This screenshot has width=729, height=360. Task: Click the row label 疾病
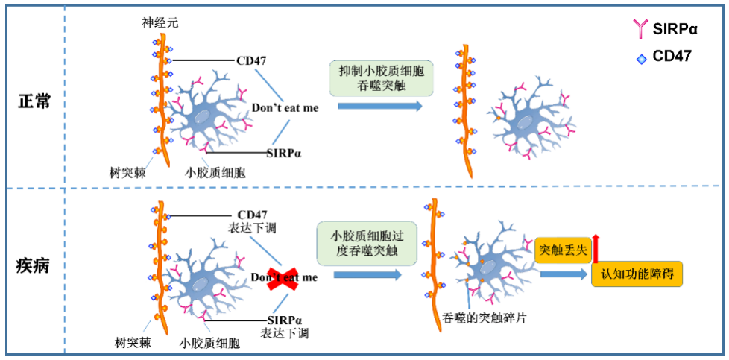click(34, 265)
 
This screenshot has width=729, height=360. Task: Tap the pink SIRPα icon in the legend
click(640, 29)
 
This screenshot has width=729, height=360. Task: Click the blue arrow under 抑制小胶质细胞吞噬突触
click(379, 106)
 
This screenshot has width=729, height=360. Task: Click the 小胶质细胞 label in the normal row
click(215, 172)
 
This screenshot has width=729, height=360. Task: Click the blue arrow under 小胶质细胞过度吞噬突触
click(367, 275)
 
